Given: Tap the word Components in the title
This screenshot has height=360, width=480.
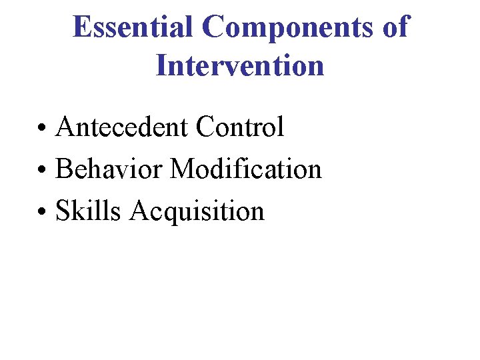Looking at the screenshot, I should pos(291,27).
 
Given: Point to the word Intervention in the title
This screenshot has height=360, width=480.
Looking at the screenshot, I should pos(240,65).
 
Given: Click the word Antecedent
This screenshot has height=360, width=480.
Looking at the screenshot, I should pos(121,127).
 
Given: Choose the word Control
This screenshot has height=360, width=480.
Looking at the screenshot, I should pos(239,127).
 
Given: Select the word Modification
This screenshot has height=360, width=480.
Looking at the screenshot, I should pos(245,169).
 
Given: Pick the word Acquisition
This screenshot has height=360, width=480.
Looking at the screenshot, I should pos(197,211).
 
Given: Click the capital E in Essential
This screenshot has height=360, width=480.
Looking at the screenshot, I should pos(82,27).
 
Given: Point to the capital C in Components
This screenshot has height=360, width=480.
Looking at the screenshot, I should pos(214,27).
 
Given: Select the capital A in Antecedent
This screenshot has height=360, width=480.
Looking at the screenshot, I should pos(66,127).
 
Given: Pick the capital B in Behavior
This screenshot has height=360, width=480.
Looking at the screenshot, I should pos(65,169).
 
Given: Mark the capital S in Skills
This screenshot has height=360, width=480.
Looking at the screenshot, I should pos(63,211).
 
